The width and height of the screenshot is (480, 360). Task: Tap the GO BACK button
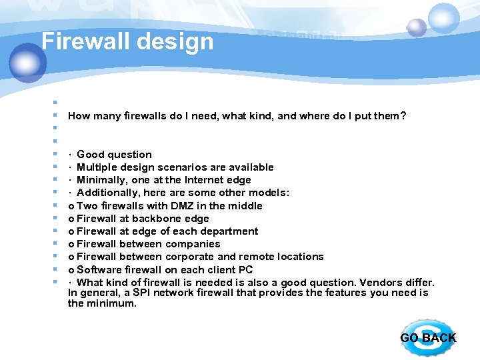point(428,337)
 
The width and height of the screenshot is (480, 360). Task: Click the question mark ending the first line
point(403,116)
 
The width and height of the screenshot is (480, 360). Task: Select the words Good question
point(115,155)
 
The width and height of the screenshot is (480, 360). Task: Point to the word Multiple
point(98,167)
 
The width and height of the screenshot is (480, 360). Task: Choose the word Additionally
point(107,193)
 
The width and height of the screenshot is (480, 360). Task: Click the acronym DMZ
point(175,206)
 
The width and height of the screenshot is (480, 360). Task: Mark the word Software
point(99,270)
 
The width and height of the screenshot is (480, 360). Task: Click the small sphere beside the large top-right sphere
point(417,27)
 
